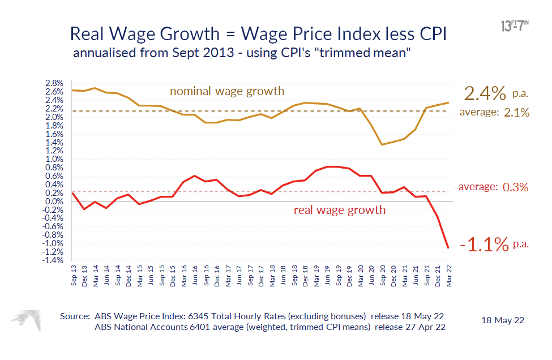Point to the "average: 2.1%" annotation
[x=494, y=113]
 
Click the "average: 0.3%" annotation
[x=493, y=187]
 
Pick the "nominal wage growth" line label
[x=227, y=91]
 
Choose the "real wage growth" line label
[x=339, y=210]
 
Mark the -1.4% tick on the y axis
[x=54, y=260]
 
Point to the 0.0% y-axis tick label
[x=55, y=202]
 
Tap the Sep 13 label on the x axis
[x=74, y=274]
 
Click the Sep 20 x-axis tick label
[x=383, y=274]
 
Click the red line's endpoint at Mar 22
[x=448, y=247]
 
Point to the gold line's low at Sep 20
[x=382, y=144]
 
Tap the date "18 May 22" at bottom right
[x=503, y=320]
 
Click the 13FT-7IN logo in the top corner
[x=515, y=25]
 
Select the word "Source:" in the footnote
[x=75, y=316]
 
